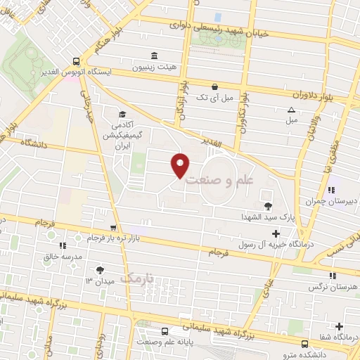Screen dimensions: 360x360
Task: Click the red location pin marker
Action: click(181, 165)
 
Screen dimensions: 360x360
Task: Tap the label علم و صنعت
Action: click(222, 180)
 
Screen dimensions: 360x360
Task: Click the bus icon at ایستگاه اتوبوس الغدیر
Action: click(76, 61)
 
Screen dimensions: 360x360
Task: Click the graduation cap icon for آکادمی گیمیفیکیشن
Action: click(122, 115)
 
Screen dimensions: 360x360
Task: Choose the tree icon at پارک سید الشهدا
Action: click(267, 205)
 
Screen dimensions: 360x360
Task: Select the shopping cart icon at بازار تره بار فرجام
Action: click(113, 228)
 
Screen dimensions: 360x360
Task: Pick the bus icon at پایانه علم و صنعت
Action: click(164, 331)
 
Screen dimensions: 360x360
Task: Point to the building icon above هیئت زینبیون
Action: click(155, 57)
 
